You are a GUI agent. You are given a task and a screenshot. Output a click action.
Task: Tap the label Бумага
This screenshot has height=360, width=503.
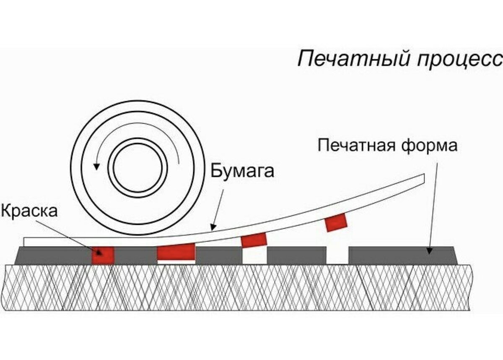point(242,172)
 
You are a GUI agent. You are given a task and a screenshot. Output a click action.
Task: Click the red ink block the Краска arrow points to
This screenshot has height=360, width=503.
point(103,256)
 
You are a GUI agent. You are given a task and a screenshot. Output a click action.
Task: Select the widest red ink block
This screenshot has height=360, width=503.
point(176,252)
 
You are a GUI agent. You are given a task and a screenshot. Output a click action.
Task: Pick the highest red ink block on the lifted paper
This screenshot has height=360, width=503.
point(336,223)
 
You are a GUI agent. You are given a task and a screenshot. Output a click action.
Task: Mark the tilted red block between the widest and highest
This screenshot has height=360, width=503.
point(254,240)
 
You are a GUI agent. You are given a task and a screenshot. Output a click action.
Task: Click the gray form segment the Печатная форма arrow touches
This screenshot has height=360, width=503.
point(402,256)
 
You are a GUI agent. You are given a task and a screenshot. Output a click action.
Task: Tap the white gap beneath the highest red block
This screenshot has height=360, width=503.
point(337,256)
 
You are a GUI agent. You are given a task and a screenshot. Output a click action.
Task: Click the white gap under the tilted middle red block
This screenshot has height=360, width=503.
point(254,256)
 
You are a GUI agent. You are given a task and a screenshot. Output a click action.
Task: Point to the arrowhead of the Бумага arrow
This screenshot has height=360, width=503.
point(213,228)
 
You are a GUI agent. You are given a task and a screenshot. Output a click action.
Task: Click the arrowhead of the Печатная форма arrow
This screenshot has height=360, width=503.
point(429,250)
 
